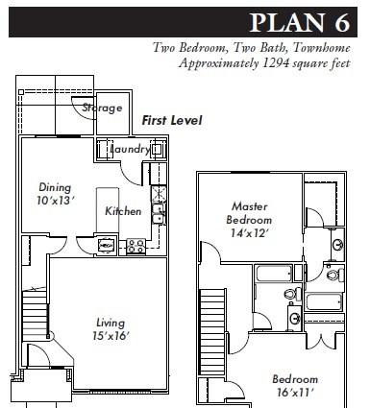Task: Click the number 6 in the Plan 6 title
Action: click(342, 22)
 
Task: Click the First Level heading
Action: click(172, 121)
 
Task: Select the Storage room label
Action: click(102, 108)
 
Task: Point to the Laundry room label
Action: click(130, 149)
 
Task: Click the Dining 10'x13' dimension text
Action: click(56, 201)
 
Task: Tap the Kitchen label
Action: click(123, 211)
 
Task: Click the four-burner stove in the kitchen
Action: click(136, 247)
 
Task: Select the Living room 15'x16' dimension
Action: click(111, 336)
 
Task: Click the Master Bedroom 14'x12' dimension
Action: click(248, 233)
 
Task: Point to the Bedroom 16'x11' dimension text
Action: click(294, 393)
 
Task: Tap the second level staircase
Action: click(211, 331)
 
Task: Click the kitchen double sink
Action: click(159, 214)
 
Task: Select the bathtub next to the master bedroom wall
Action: click(274, 274)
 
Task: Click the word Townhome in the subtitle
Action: click(321, 48)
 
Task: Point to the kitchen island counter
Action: click(108, 210)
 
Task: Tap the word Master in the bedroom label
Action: click(249, 206)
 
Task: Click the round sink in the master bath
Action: click(338, 245)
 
